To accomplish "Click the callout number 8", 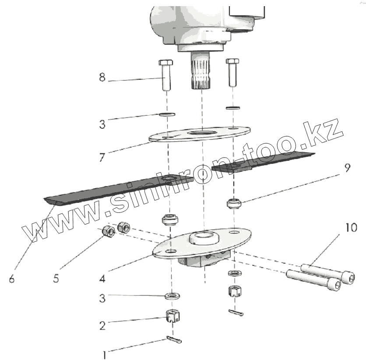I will tap(102, 78).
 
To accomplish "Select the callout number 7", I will tap(102, 157).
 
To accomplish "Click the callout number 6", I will tap(11, 279).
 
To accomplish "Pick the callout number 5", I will tap(56, 279).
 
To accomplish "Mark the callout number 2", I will tap(102, 325).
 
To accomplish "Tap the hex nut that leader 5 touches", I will tap(108, 231).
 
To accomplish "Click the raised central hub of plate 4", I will tap(203, 237).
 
